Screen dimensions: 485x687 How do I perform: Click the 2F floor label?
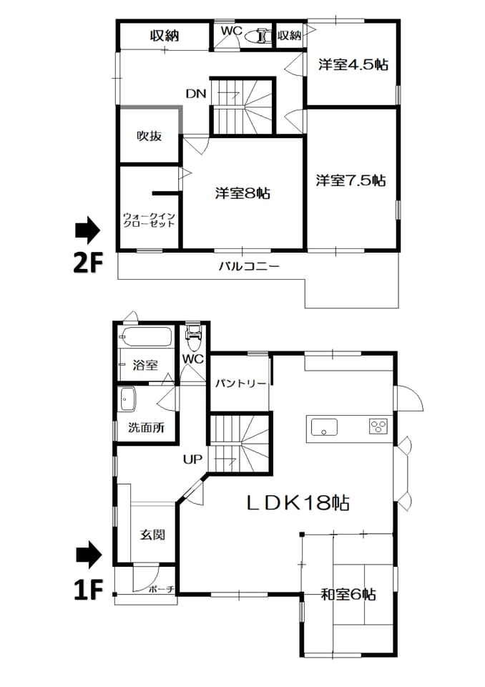87,264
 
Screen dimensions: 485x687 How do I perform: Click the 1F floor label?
87,590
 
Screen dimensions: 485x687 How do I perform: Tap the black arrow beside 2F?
87,230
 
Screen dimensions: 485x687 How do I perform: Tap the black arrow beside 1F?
89,555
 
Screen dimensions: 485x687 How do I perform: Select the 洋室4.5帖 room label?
353,65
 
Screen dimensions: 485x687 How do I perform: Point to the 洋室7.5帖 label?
351,180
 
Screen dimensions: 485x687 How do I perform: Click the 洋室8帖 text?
242,193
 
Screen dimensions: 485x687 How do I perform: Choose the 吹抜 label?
150,136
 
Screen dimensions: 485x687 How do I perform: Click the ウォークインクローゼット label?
149,220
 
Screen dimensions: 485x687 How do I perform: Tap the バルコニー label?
249,266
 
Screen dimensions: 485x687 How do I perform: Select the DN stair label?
195,93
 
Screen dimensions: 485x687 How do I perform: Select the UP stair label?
192,459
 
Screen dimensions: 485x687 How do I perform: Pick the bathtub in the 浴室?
147,337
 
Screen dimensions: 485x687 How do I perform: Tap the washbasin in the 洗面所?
128,399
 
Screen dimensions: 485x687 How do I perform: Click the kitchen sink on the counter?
324,427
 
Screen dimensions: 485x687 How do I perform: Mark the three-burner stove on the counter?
378,427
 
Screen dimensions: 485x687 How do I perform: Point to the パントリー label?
240,384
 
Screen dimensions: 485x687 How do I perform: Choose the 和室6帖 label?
348,595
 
